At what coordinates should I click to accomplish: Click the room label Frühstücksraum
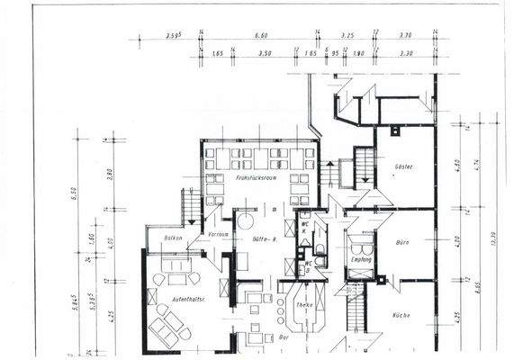[255, 179]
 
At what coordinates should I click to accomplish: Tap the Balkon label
[174, 238]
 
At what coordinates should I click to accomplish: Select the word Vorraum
[217, 234]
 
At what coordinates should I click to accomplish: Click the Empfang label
[361, 260]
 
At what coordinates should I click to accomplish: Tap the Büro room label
[402, 243]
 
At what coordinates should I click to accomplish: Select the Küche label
[401, 315]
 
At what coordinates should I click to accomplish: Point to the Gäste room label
[402, 168]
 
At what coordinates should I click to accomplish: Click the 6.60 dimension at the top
[262, 35]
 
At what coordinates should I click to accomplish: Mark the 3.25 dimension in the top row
[347, 35]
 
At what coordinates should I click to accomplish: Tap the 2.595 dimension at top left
[175, 35]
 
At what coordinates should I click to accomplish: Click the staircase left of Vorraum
[192, 205]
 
